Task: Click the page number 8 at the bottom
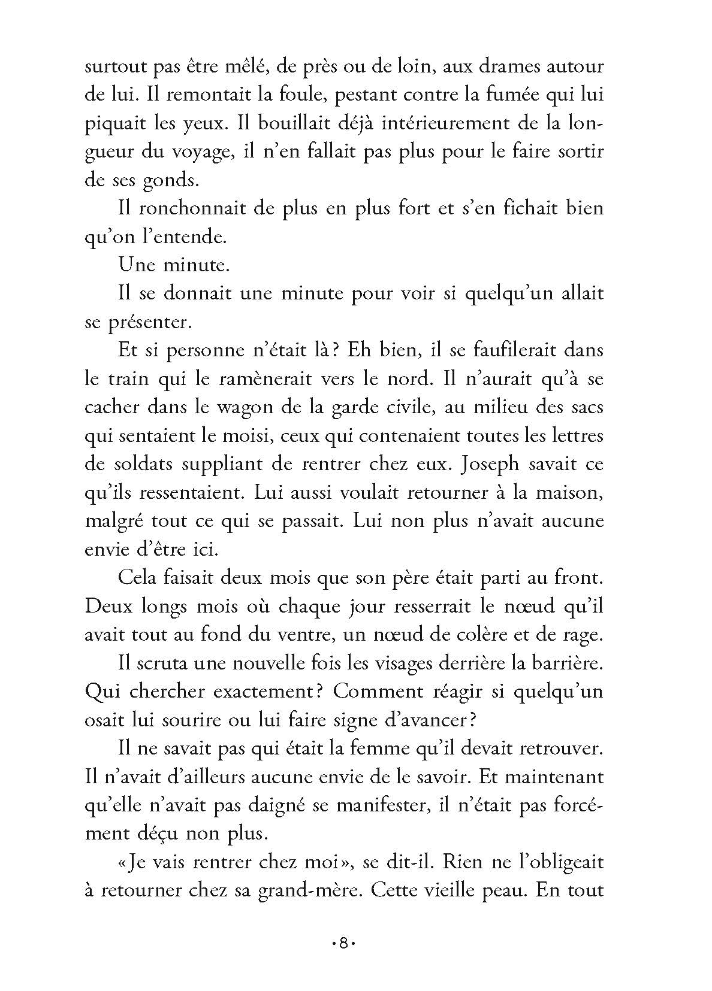(x=343, y=944)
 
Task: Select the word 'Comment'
(x=375, y=691)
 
